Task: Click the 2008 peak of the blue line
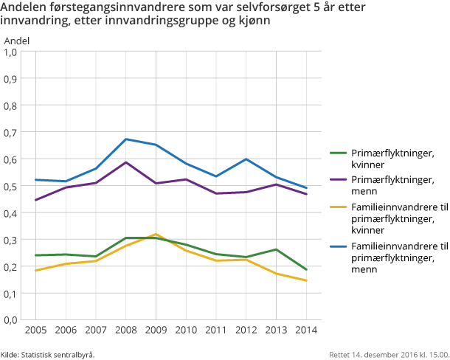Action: point(125,139)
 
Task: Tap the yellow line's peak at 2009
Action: point(156,234)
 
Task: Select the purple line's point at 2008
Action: point(125,162)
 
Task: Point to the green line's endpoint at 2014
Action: point(306,270)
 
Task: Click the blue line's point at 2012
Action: point(246,159)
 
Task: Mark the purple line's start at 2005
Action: point(35,200)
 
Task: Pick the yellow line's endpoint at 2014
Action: point(306,280)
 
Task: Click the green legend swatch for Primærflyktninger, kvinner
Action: point(337,153)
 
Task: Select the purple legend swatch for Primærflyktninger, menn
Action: point(337,179)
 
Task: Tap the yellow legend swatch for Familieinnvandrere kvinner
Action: point(337,205)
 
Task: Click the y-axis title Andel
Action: point(17,39)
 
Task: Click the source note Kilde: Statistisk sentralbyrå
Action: point(48,354)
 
